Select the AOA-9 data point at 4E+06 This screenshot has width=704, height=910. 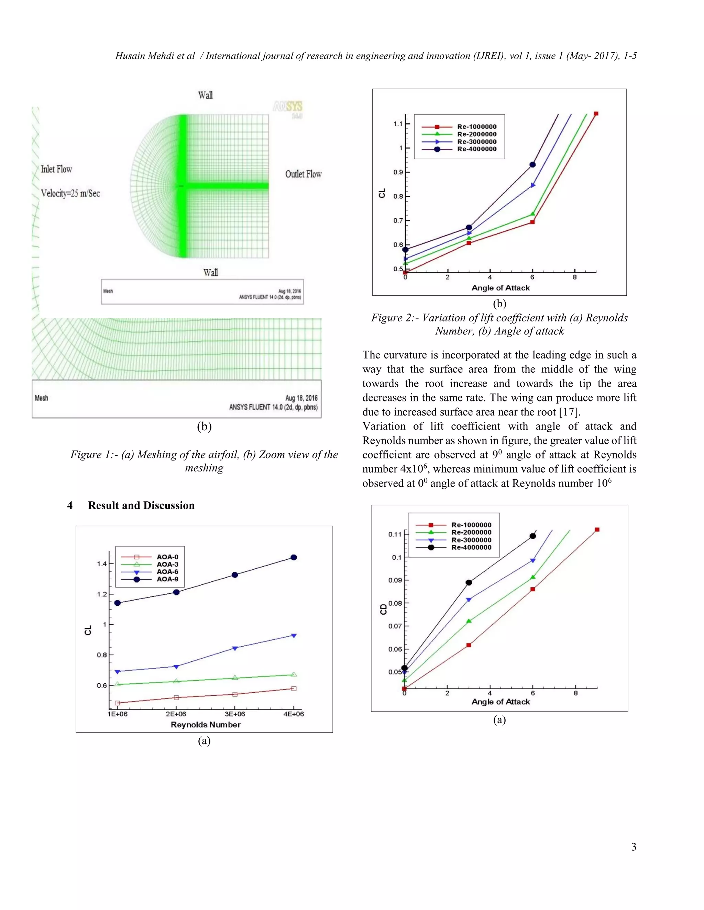(294, 557)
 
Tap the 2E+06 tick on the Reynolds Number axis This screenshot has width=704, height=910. (176, 714)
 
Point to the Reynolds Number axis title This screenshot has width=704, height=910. (206, 725)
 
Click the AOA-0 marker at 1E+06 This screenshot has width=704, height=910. (118, 703)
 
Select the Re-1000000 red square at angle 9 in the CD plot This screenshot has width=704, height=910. (597, 530)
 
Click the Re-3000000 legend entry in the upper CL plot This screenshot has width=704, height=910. (477, 142)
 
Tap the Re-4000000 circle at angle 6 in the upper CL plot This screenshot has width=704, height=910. (532, 164)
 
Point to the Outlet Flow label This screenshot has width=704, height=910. (303, 174)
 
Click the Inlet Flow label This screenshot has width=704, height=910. (56, 169)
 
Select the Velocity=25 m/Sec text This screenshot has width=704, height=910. (70, 193)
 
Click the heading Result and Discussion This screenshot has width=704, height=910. (141, 505)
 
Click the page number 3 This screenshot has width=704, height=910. (634, 847)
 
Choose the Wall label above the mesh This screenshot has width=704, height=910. (205, 95)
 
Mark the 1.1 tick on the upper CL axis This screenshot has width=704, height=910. (398, 124)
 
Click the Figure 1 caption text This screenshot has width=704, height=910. (204, 461)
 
